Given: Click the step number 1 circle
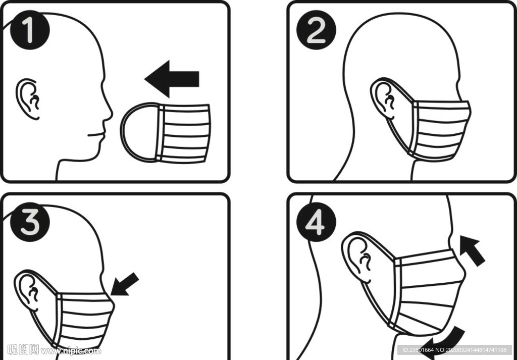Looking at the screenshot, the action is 30,30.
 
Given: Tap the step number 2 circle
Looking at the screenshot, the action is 316,30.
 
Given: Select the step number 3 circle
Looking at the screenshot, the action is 30,222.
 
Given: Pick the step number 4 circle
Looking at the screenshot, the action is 316,222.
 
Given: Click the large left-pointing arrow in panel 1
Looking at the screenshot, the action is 172,79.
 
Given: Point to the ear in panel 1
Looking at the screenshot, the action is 28,99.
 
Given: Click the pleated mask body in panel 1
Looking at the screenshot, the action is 183,133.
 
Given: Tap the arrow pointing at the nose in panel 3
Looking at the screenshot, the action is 125,284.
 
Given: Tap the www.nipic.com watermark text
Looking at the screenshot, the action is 71,351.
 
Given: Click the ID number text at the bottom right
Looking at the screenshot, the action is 454,350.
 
